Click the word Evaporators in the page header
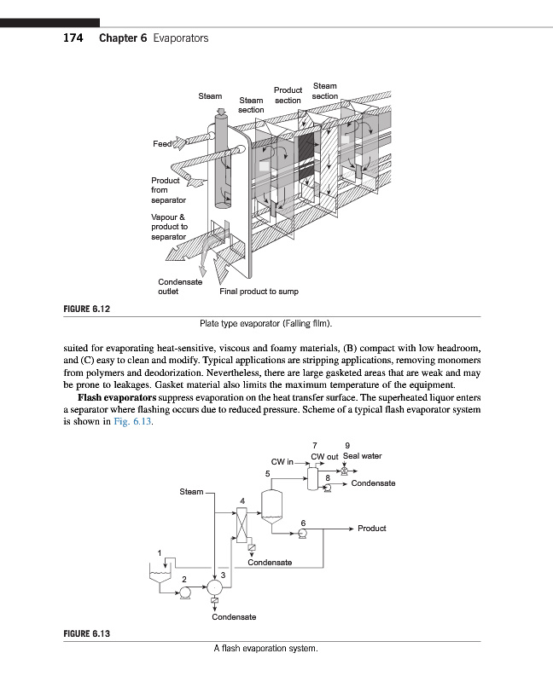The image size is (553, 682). click(180, 39)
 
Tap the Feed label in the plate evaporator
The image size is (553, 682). click(162, 143)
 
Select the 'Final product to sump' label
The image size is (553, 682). click(259, 292)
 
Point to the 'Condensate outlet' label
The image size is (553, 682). click(179, 286)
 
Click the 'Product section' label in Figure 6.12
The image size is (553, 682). click(288, 95)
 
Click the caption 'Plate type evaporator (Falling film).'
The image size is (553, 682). click(265, 324)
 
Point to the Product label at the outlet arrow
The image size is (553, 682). click(372, 529)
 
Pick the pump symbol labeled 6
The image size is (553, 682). click(302, 534)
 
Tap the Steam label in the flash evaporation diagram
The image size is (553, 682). click(191, 492)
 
